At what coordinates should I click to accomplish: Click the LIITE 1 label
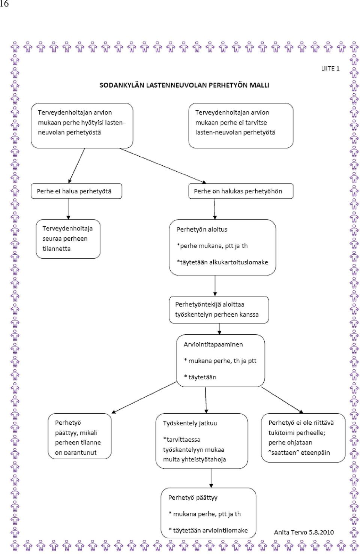point(330,69)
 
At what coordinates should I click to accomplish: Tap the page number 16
point(4,4)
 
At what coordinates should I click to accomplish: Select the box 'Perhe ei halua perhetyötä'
point(76,191)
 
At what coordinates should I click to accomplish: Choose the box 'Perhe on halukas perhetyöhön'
point(241,191)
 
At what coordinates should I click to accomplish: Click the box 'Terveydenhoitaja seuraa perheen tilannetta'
point(68,239)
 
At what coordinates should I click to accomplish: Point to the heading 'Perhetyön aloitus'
point(202,229)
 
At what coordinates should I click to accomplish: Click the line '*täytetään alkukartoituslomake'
point(222,262)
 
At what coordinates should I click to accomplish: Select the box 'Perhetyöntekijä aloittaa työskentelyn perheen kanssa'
point(219,309)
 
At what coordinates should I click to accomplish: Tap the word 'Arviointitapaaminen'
point(213,344)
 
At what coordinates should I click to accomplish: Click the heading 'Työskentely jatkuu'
point(190,423)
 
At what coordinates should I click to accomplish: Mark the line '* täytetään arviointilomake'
point(208,530)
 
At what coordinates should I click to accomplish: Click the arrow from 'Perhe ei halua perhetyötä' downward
point(68,209)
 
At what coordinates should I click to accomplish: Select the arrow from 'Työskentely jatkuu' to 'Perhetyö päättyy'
point(211,478)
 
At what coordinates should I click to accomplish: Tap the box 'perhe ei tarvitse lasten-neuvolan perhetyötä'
point(241,126)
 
